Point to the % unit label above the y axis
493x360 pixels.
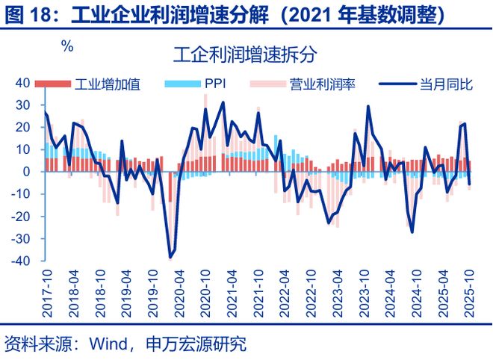(67, 47)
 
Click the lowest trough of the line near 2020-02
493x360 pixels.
(170, 258)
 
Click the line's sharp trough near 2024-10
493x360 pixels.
(412, 232)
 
